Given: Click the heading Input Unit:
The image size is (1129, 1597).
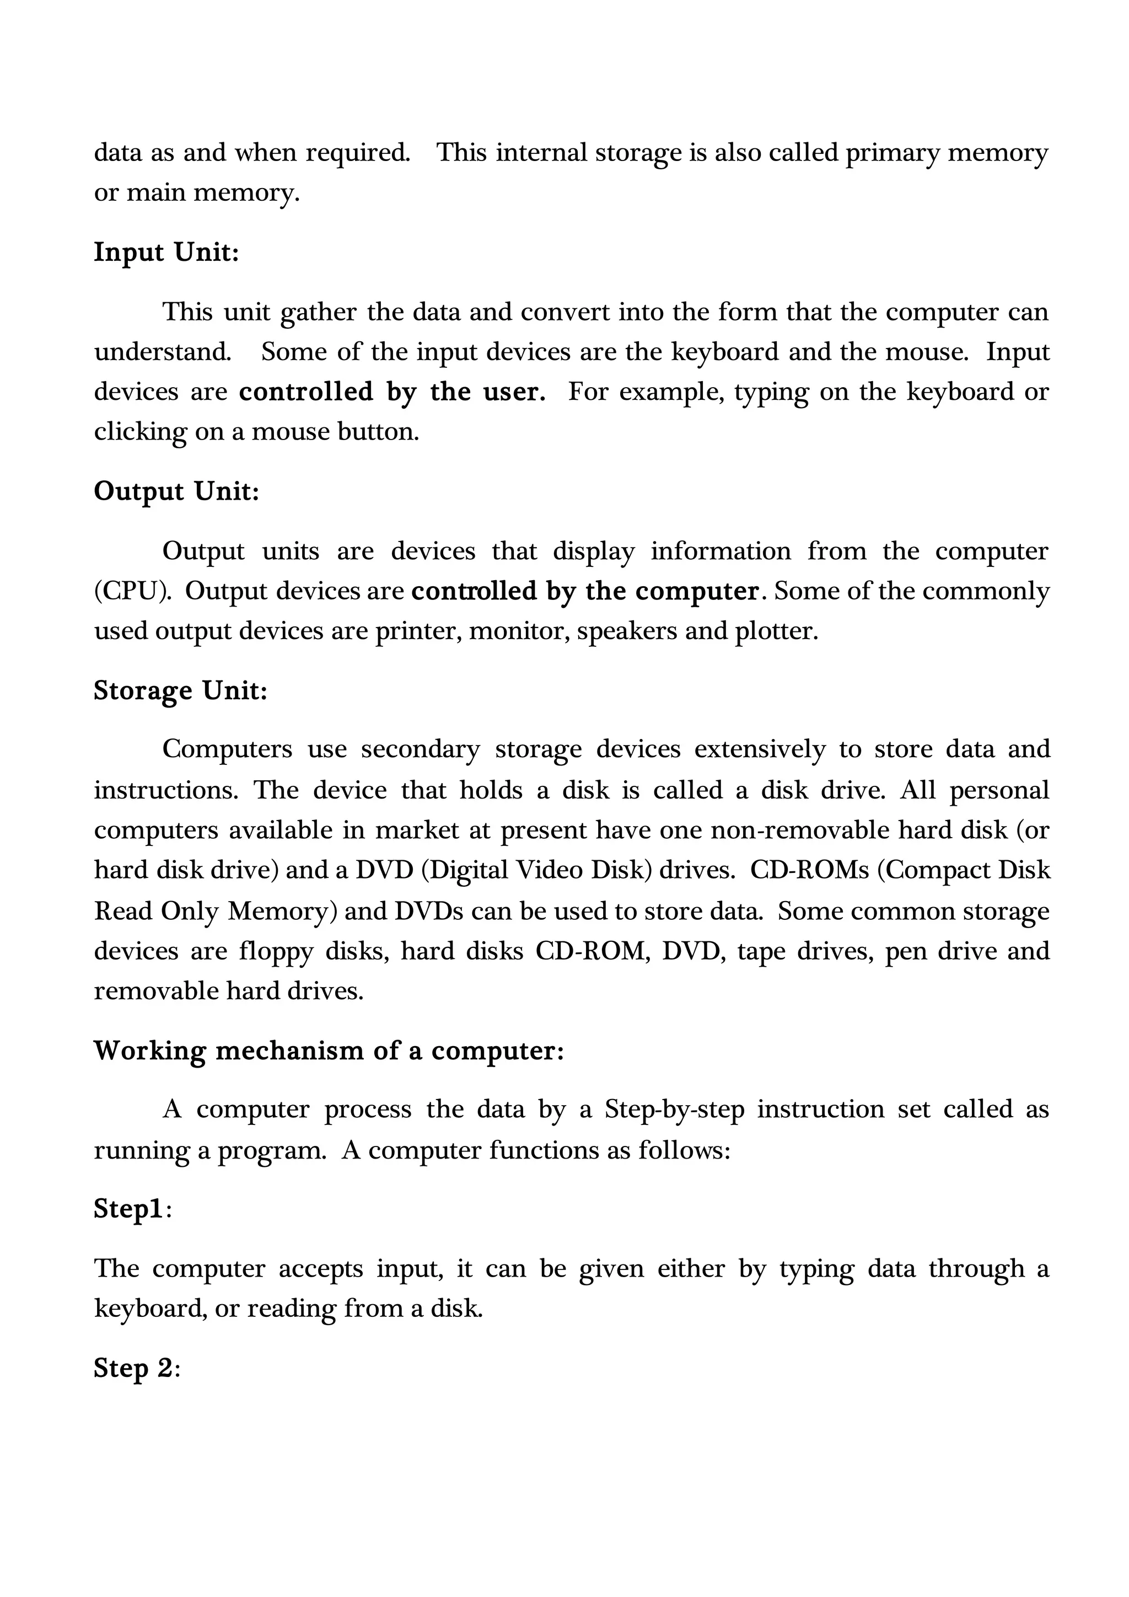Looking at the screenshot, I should tap(166, 253).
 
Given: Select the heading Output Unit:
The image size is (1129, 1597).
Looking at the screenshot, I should tap(176, 492).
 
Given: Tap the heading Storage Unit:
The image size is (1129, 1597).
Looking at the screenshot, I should tap(181, 690).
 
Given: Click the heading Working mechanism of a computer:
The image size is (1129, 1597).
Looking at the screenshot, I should tap(329, 1051).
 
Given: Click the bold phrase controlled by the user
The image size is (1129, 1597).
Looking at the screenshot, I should tap(392, 392).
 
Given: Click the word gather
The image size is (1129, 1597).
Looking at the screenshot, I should tap(319, 312).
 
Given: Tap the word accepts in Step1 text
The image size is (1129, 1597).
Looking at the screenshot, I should tap(320, 1269).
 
